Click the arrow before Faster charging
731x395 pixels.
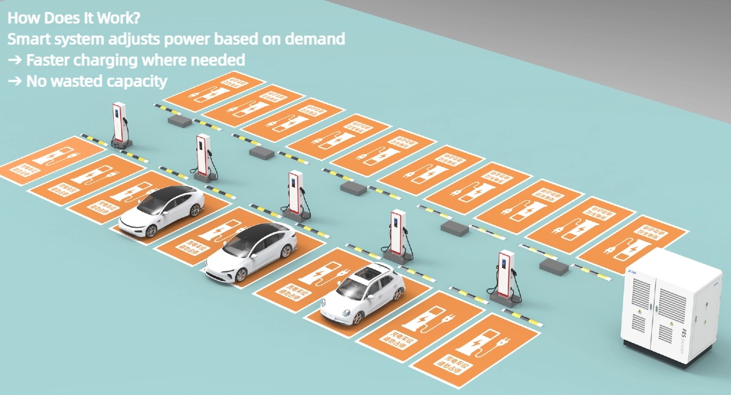[x=14, y=60]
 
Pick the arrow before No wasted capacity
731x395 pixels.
[x=14, y=82]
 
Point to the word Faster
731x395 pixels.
[x=49, y=60]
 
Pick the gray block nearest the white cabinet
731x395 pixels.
[x=552, y=265]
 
